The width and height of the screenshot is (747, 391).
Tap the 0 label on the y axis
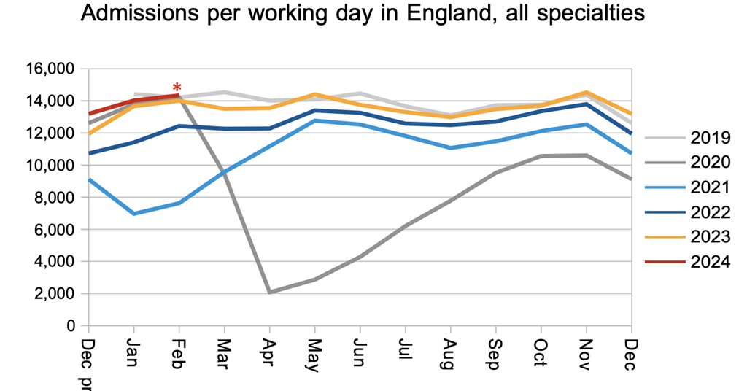[x=71, y=325]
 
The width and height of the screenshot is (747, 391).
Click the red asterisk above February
[x=177, y=89]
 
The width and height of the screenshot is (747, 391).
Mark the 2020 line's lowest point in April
[x=269, y=292]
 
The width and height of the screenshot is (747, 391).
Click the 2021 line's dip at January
[x=133, y=214]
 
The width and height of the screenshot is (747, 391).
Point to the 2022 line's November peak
[x=586, y=104]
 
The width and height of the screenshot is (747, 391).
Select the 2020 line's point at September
[x=495, y=173]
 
